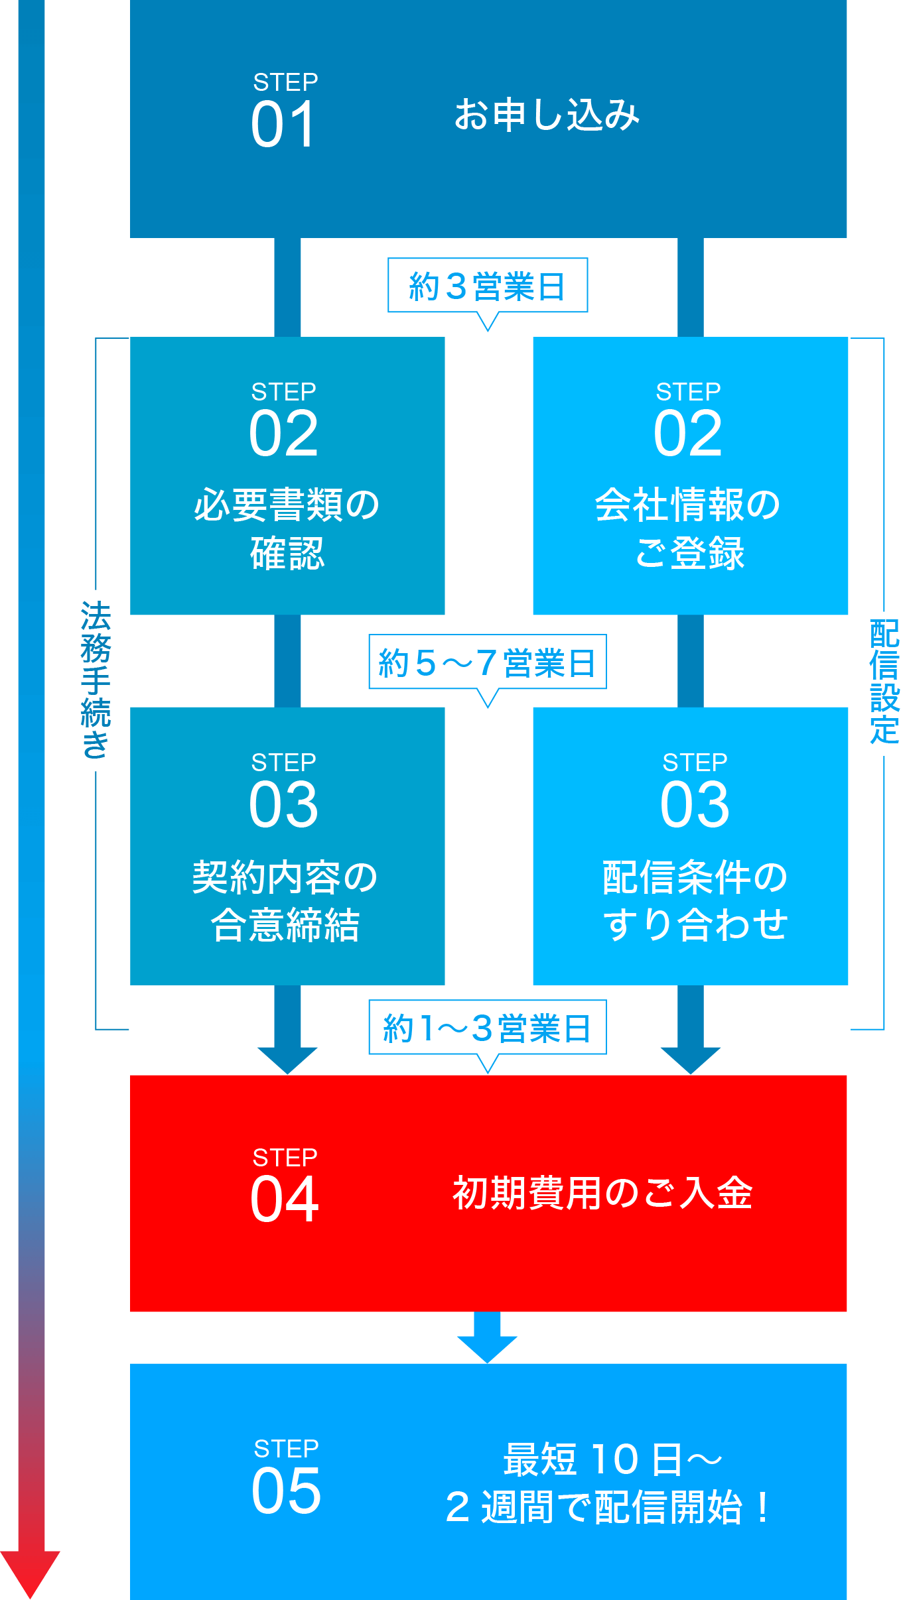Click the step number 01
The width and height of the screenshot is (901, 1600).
tap(283, 125)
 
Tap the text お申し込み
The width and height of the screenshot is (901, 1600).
tap(547, 115)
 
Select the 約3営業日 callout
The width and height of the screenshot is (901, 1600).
tap(488, 286)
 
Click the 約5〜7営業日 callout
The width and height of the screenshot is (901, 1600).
tap(488, 662)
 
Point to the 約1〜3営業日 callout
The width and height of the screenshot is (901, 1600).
tap(488, 1028)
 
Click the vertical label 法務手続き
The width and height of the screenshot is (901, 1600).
tap(97, 680)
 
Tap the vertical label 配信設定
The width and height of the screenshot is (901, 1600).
tap(884, 682)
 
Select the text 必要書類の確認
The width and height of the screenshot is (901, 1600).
tap(287, 528)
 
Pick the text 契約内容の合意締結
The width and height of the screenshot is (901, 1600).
tap(285, 900)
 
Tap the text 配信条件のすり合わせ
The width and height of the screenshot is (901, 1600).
tap(695, 900)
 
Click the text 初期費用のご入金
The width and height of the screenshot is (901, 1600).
tap(602, 1193)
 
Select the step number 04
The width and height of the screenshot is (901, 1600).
tap(285, 1199)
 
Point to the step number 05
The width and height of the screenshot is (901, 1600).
tap(286, 1491)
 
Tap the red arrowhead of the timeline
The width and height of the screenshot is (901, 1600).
tap(30, 1571)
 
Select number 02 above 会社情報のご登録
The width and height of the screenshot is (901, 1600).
tap(688, 434)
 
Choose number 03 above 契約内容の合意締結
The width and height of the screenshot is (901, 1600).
tap(284, 804)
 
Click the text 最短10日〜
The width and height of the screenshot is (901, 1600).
tap(612, 1459)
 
